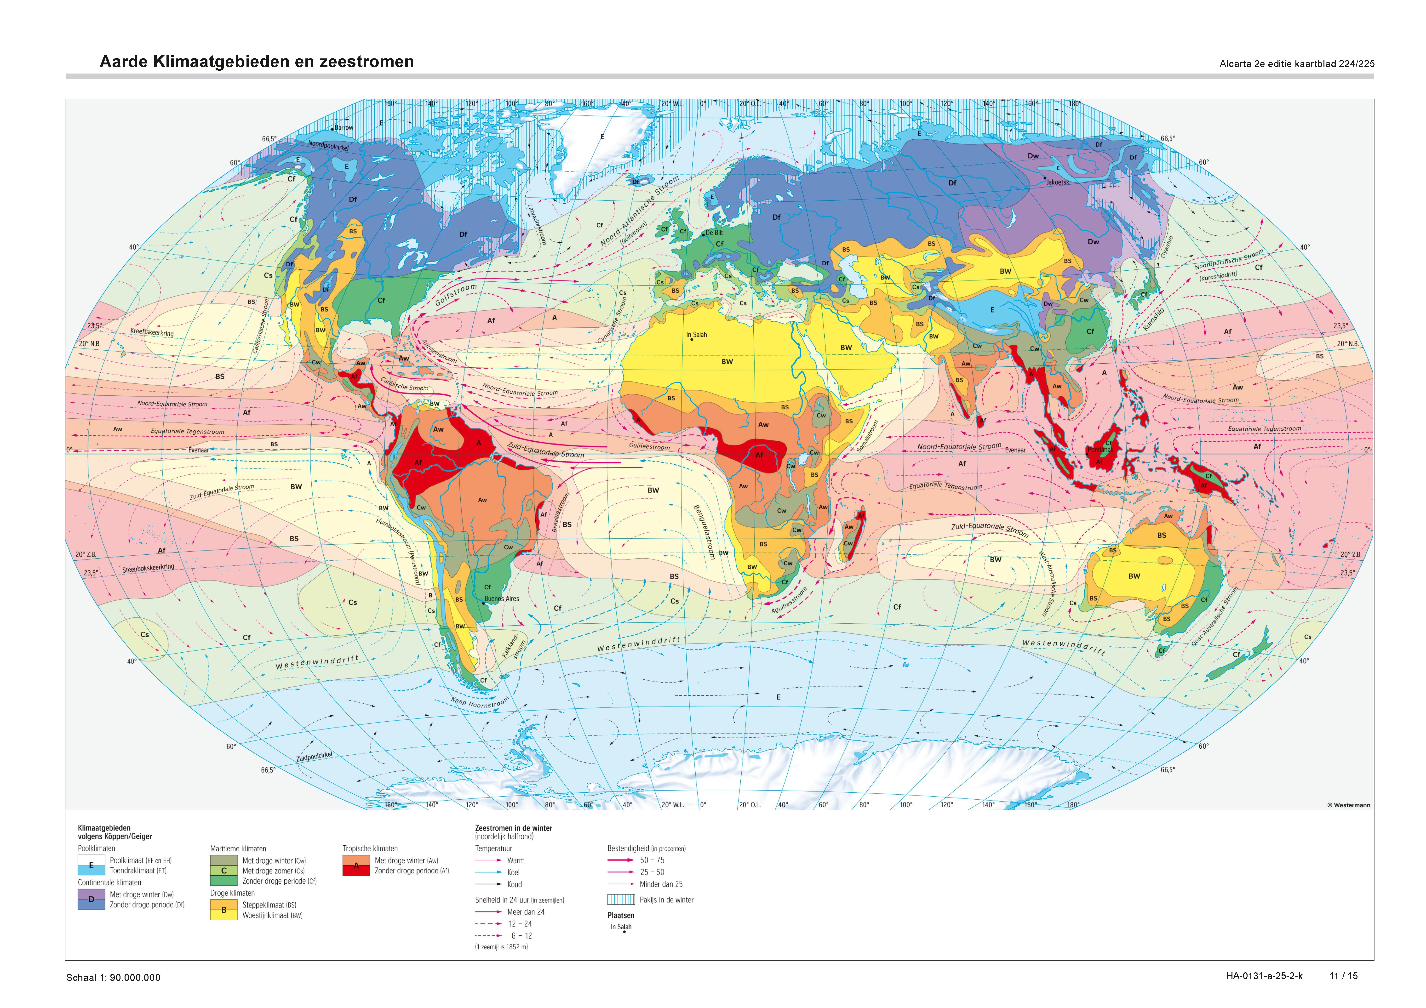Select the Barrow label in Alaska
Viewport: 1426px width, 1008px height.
click(344, 128)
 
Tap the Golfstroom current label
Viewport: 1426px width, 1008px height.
click(456, 295)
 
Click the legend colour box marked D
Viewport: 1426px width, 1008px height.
click(91, 899)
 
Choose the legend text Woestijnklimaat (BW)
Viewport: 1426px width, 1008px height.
click(272, 915)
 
